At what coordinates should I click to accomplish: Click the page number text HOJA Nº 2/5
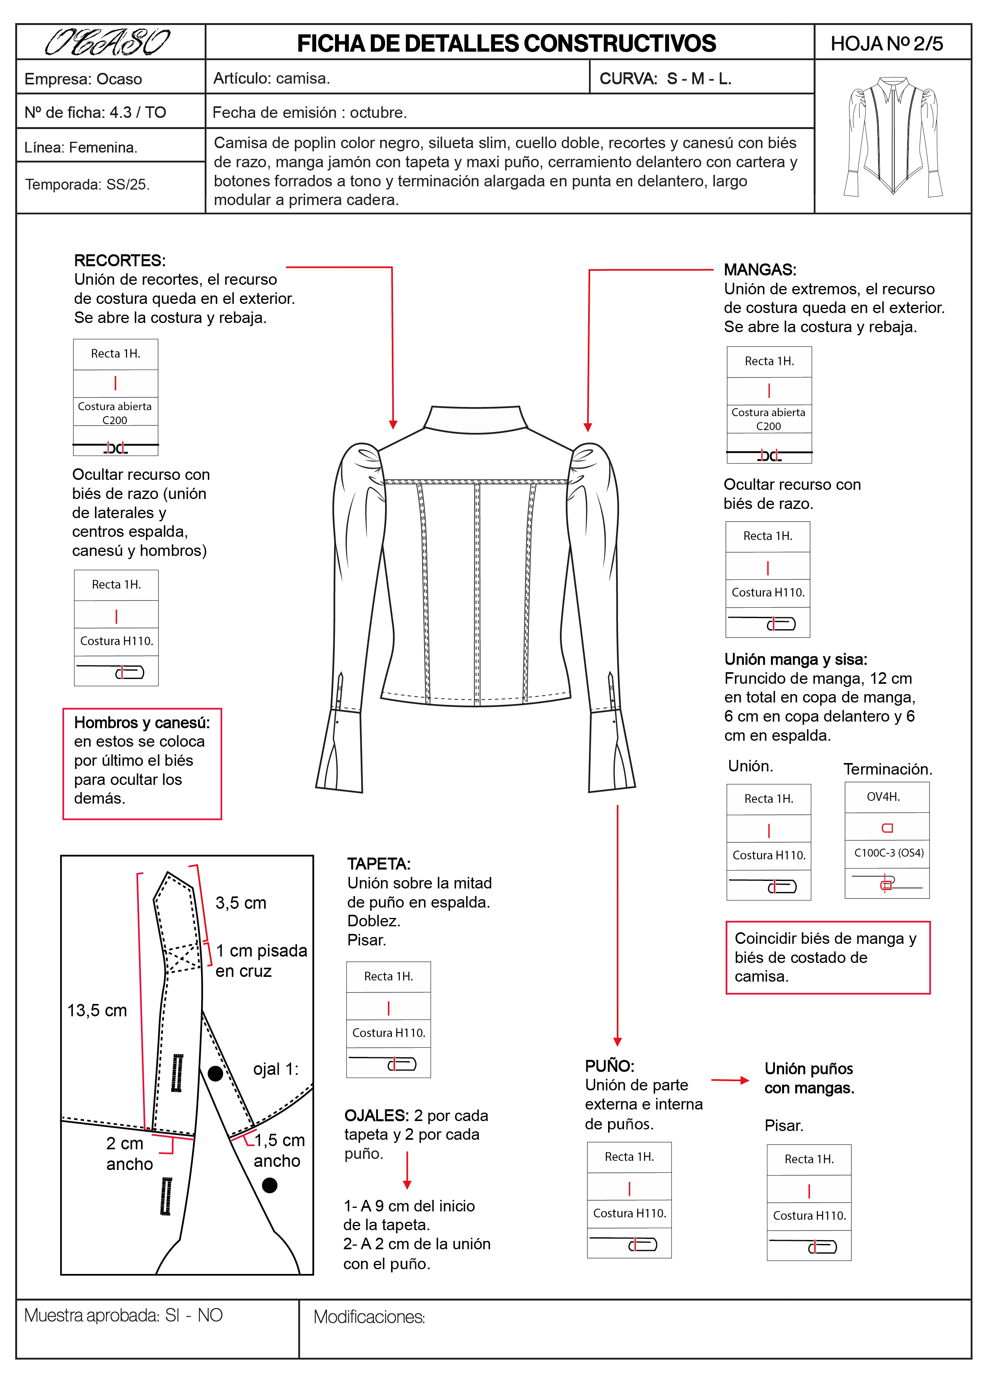(x=886, y=44)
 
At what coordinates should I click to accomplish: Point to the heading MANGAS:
(x=760, y=270)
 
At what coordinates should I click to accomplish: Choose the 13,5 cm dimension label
(x=97, y=1011)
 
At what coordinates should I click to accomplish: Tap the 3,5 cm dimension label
(x=241, y=903)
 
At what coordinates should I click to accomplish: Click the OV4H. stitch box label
(x=883, y=797)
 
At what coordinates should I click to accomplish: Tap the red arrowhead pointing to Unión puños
(x=744, y=1081)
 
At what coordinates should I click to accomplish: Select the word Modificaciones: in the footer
(x=369, y=1317)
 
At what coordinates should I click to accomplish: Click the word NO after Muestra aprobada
(x=210, y=1315)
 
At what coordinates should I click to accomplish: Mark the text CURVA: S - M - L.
(x=665, y=78)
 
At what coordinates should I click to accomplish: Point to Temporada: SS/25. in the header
(x=88, y=184)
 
